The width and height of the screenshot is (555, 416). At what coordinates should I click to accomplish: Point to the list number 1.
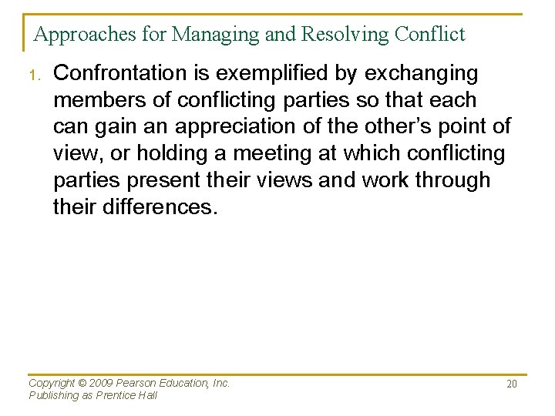point(33,75)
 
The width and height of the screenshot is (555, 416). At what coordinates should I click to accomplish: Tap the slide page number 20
point(511,384)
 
